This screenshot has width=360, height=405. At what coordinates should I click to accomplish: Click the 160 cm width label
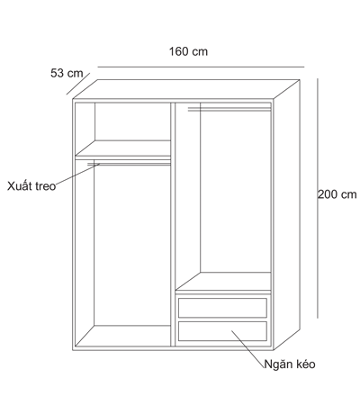188,51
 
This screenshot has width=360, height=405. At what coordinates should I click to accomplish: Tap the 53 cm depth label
67,73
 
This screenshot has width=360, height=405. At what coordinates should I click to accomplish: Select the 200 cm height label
337,194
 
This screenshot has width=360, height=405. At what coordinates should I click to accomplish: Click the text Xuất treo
31,186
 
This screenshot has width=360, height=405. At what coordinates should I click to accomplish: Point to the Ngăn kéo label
290,364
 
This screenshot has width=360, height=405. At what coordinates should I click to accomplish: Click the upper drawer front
222,308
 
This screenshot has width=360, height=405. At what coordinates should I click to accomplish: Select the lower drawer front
222,331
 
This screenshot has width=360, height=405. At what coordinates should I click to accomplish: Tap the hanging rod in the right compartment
229,109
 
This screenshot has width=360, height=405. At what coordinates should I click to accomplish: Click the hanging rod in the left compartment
129,164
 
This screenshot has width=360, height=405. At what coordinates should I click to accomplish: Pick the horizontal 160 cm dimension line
201,67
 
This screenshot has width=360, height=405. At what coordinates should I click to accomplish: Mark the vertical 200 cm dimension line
318,198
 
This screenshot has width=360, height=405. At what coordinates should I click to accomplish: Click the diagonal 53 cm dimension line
78,84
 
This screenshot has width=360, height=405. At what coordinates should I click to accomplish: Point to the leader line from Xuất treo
77,174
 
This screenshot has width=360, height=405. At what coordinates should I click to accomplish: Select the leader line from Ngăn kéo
247,349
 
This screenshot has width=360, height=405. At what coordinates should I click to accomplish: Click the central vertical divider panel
173,224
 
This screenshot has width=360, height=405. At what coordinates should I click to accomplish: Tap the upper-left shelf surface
123,148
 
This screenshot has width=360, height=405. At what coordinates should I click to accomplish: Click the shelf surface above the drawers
223,281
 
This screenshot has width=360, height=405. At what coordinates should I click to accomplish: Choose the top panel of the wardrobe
186,89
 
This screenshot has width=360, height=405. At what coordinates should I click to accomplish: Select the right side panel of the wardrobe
286,214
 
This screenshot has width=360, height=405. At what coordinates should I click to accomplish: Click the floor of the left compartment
123,336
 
